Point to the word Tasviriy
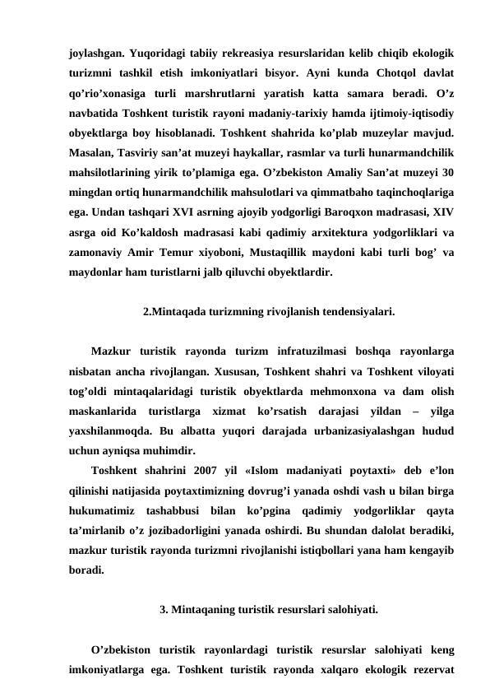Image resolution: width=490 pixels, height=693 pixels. pyautogui.click(x=153, y=155)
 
